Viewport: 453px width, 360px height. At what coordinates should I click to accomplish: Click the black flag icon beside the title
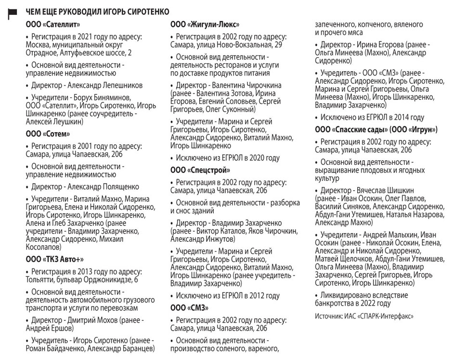pos(13,14)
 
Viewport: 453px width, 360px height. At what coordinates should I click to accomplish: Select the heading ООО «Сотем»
pos(48,134)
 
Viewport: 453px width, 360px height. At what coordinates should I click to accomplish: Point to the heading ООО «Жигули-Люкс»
pos(205,24)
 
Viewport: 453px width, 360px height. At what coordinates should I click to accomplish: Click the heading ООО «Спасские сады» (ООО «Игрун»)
pos(376,130)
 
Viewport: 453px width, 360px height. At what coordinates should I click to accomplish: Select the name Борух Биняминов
pos(100,98)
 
